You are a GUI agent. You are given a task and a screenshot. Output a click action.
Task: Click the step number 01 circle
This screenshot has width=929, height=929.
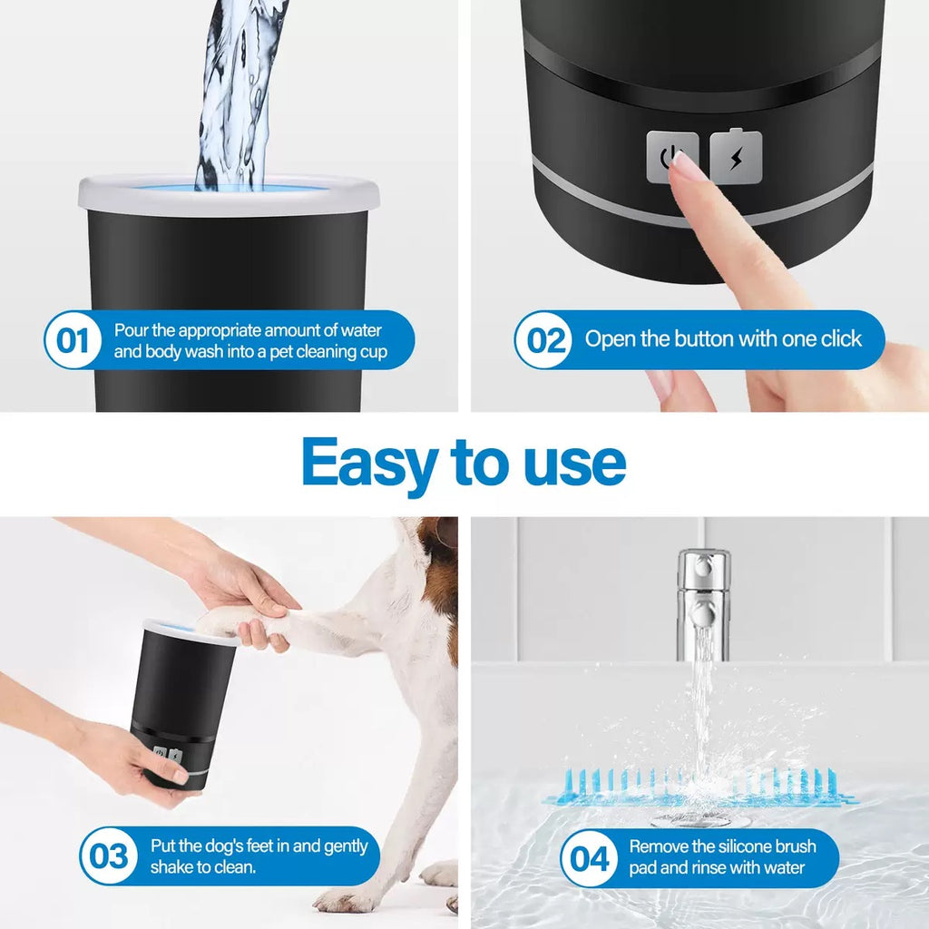pyautogui.click(x=73, y=341)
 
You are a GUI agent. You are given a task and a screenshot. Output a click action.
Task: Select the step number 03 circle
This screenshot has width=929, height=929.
pyautogui.click(x=109, y=856)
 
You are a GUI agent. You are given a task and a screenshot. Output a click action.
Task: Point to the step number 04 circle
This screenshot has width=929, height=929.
pyautogui.click(x=589, y=857)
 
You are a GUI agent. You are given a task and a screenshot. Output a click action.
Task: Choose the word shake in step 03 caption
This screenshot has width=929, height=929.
pyautogui.click(x=171, y=868)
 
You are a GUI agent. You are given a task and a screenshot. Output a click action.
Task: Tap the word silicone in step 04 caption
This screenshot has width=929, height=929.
pyautogui.click(x=733, y=846)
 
